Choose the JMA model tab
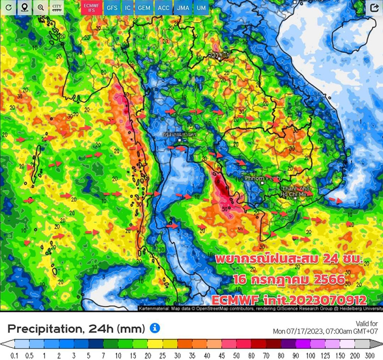coord(182,8)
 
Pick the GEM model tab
coord(144,8)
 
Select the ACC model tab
coord(163,8)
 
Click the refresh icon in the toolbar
coord(9,8)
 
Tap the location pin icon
coord(24,8)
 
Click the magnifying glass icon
coord(41,8)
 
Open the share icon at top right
coord(374,8)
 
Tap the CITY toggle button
coord(57,8)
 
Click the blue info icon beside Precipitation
coord(155,328)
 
